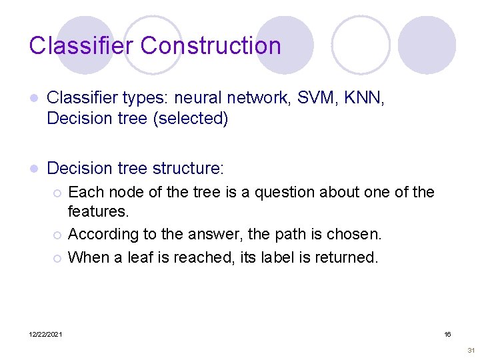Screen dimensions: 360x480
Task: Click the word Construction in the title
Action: pyautogui.click(x=211, y=46)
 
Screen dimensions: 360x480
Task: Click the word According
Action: pyautogui.click(x=102, y=235)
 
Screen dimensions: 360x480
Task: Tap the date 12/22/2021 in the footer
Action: pyautogui.click(x=45, y=334)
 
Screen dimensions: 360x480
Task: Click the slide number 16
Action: pyautogui.click(x=448, y=333)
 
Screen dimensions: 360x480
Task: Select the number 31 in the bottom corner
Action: pyautogui.click(x=471, y=350)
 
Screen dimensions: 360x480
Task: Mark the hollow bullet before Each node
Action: pyautogui.click(x=58, y=193)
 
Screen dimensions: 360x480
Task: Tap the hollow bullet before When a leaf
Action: pyautogui.click(x=58, y=257)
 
